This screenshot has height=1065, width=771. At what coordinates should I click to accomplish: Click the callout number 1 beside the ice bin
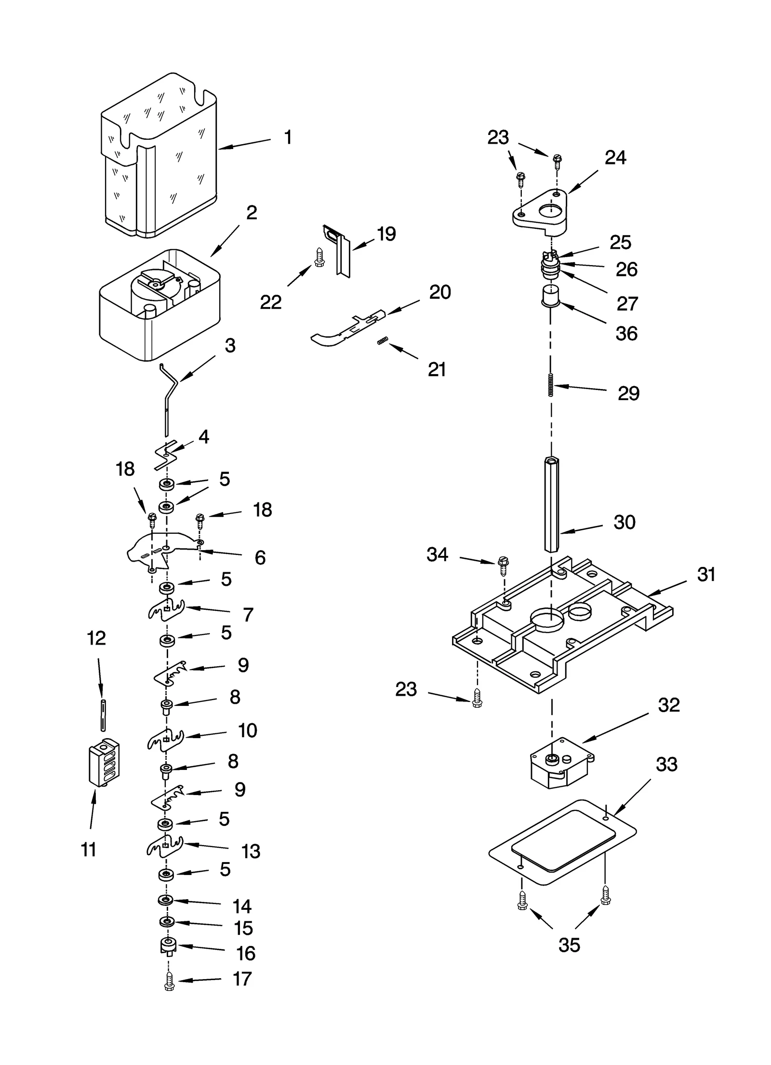[288, 138]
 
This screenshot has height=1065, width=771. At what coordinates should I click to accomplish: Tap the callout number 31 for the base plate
[706, 575]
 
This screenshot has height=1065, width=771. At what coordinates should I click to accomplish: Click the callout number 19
[386, 234]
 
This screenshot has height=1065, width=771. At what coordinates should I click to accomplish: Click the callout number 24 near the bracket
[615, 158]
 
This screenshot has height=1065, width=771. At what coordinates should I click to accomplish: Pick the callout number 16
[246, 953]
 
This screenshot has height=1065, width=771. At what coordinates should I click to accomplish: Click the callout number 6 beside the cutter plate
[260, 557]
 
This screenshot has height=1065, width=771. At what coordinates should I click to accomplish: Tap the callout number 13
[251, 851]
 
